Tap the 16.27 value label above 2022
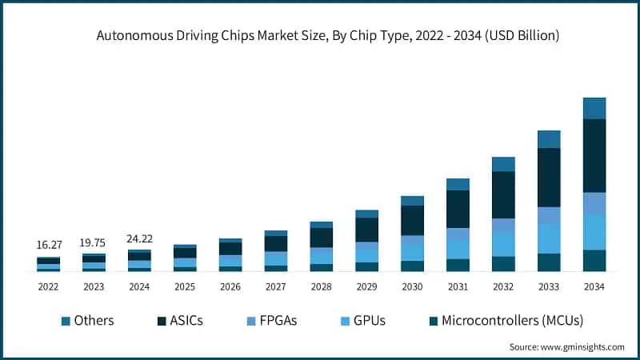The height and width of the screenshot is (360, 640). click(x=48, y=244)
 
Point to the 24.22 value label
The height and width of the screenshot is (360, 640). click(x=139, y=238)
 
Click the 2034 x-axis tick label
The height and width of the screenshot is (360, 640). click(x=594, y=286)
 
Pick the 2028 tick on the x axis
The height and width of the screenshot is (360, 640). click(x=321, y=286)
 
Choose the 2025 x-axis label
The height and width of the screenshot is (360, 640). click(x=185, y=286)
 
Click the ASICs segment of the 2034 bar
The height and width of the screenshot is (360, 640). click(x=594, y=155)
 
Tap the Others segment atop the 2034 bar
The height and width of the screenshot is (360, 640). click(x=594, y=108)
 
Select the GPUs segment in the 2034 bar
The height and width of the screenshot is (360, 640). click(x=594, y=232)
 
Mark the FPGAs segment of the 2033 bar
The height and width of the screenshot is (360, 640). click(x=549, y=215)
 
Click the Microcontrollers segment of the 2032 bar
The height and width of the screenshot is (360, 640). click(x=503, y=264)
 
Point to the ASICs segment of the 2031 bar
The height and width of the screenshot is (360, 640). click(x=458, y=209)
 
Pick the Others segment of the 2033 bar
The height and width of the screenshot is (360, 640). click(x=549, y=139)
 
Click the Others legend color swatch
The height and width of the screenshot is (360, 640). click(x=66, y=321)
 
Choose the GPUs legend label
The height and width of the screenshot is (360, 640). click(x=369, y=321)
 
